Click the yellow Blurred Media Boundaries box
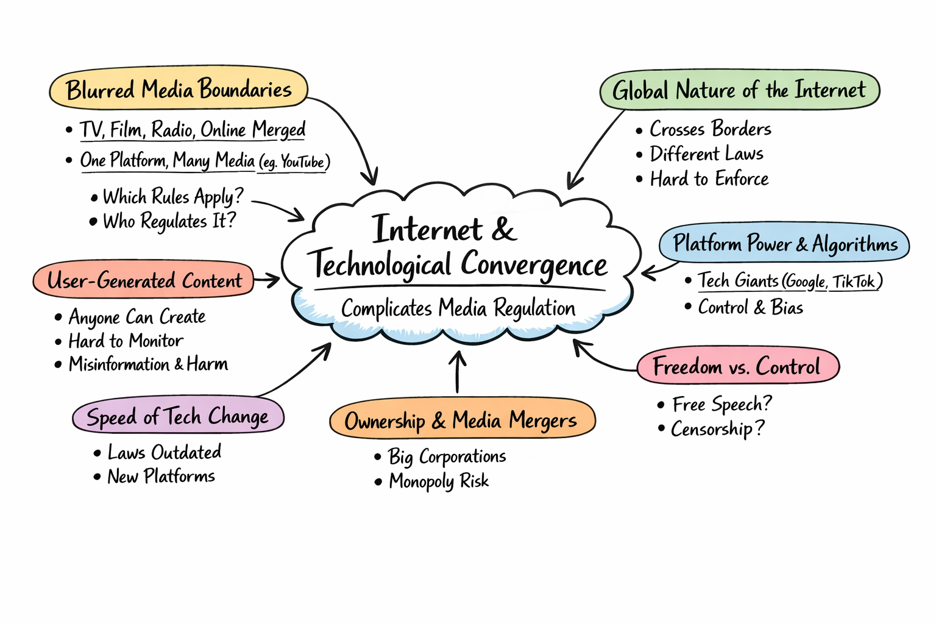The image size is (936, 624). (178, 90)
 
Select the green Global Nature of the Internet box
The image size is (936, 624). (739, 91)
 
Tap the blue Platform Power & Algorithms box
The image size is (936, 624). (784, 244)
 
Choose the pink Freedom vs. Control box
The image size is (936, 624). (737, 366)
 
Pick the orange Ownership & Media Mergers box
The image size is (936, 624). (461, 420)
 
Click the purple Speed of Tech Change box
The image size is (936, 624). (178, 417)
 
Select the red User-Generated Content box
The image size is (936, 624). (144, 280)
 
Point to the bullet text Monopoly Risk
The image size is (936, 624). (439, 481)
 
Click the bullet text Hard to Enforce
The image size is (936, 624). (709, 179)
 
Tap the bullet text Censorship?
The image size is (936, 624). (717, 429)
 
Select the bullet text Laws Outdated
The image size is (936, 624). (164, 452)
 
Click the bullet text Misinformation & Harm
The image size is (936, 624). (148, 364)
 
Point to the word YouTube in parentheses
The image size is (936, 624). (302, 162)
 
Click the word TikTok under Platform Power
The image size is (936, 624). (854, 282)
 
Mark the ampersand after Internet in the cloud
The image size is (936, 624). (503, 230)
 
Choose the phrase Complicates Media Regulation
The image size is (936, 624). (458, 308)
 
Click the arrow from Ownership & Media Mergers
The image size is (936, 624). (458, 372)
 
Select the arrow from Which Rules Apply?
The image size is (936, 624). (279, 210)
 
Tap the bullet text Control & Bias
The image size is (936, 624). (750, 307)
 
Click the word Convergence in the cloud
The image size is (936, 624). (534, 265)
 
